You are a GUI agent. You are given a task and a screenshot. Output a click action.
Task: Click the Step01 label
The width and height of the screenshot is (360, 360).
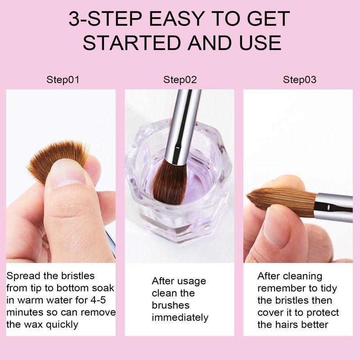coord(63,80)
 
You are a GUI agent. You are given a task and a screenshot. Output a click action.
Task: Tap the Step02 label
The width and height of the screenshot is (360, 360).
coord(180,80)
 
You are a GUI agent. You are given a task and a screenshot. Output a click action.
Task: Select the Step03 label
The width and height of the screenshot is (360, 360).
coord(299,80)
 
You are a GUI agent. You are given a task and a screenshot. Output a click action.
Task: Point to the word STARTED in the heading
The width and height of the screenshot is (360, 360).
coord(133,43)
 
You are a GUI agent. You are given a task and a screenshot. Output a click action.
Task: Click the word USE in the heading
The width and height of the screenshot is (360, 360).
coord(261,43)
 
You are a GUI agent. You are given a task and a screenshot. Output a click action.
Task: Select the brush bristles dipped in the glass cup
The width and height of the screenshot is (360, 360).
coord(170,181)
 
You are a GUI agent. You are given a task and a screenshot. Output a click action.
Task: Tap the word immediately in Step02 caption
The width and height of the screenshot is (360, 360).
coord(180,318)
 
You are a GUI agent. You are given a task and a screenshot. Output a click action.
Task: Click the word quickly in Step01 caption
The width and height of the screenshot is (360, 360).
coord(62,325)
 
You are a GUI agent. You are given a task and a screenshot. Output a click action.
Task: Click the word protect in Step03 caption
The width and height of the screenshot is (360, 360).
coord(323,313)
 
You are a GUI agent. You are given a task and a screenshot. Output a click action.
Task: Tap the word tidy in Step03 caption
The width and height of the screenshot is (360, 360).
coord(329,288)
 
